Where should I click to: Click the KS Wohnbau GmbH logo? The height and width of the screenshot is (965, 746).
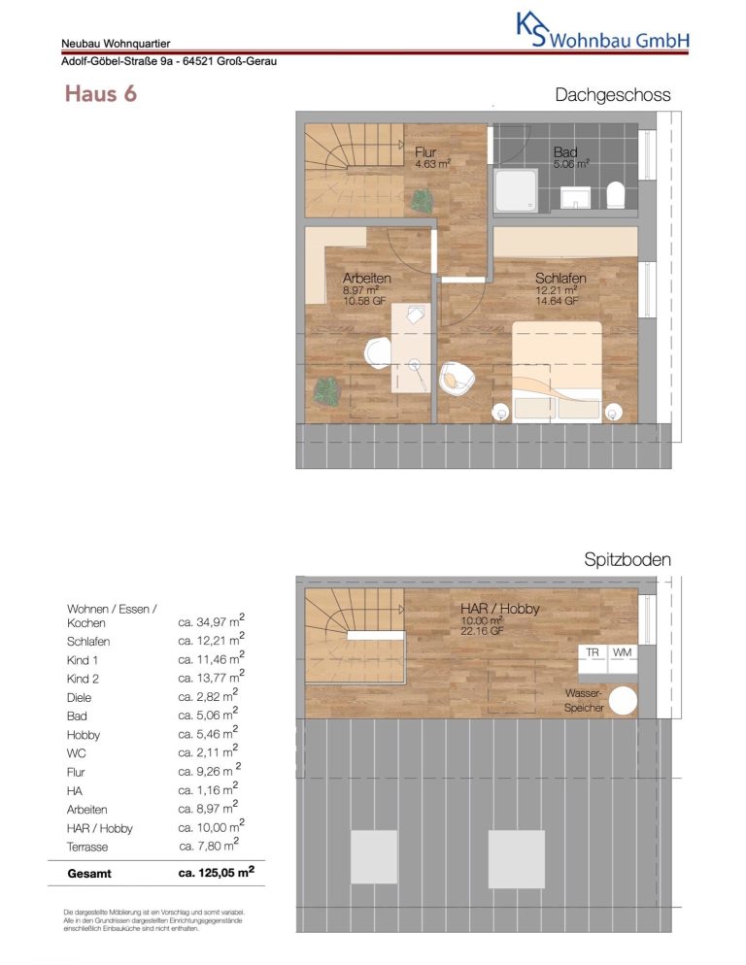tap(602, 32)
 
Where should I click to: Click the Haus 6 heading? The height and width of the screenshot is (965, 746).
tap(100, 94)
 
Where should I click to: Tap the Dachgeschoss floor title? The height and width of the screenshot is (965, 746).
tap(612, 95)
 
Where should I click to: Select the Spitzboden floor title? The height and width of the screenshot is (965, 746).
tap(627, 559)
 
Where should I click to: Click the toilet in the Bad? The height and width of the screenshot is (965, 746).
tap(616, 195)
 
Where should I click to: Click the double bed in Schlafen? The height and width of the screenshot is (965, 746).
tap(557, 371)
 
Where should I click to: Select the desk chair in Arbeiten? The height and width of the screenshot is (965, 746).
tap(377, 354)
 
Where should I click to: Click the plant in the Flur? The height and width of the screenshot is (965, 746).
tap(422, 201)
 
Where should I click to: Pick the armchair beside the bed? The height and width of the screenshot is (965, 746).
tap(456, 378)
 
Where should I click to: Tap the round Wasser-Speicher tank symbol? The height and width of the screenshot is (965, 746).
tap(622, 700)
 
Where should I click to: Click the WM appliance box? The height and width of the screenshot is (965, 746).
tap(623, 659)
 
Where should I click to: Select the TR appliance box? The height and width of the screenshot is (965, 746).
tap(593, 659)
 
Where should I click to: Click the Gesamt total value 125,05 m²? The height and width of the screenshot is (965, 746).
tap(217, 873)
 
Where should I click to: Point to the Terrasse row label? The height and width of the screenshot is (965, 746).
tap(87, 847)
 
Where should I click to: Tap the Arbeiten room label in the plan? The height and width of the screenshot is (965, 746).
tap(366, 279)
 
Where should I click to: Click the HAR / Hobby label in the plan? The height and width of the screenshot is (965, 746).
tap(499, 609)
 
